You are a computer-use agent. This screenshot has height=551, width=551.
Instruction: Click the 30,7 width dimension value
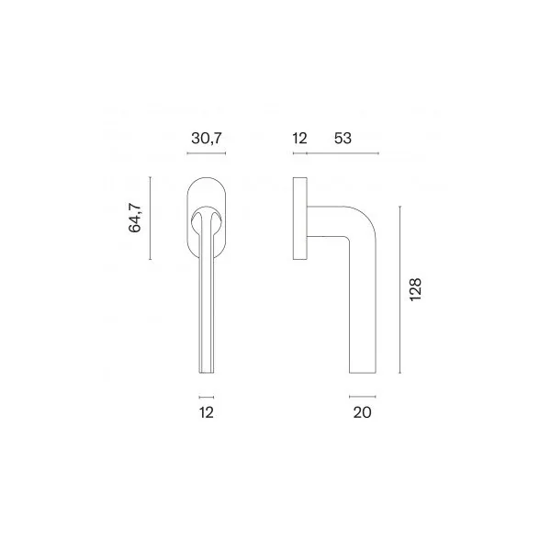click(x=207, y=138)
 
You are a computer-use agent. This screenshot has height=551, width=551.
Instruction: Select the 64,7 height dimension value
click(x=135, y=218)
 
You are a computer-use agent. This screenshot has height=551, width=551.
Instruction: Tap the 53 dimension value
click(x=343, y=138)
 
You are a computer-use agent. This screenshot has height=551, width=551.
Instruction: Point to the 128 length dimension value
click(x=415, y=289)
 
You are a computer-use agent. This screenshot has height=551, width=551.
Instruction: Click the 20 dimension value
click(x=363, y=412)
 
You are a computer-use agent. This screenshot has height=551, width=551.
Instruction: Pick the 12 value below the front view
click(x=207, y=412)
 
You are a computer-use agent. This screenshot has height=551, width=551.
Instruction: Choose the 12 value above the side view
click(x=299, y=138)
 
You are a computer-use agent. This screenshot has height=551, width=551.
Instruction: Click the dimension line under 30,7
click(x=207, y=153)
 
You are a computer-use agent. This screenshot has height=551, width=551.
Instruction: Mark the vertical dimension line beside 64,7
click(x=150, y=219)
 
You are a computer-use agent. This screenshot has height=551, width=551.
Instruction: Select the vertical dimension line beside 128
click(x=399, y=289)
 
